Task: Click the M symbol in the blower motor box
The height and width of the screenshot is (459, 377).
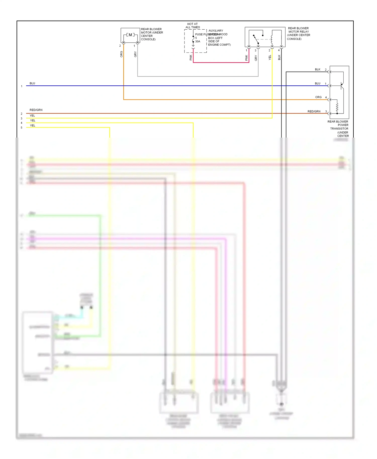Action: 130,35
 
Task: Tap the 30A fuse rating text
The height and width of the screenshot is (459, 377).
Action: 198,41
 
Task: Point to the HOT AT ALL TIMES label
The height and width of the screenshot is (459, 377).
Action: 193,26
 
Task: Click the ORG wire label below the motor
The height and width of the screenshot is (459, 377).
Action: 121,54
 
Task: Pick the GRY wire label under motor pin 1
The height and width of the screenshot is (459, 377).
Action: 135,54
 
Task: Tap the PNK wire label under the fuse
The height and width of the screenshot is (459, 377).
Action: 191,58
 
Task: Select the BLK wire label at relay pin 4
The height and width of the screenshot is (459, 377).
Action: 279,58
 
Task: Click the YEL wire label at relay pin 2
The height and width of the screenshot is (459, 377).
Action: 270,58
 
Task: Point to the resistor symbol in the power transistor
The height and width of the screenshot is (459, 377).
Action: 337,107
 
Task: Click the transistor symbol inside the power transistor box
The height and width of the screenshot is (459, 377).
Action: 342,86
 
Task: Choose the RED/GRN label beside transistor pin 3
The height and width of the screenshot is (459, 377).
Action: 314,111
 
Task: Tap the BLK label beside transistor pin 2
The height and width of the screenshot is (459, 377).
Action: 318,69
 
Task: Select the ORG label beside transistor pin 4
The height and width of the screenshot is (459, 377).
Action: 318,97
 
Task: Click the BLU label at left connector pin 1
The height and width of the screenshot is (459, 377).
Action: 32,83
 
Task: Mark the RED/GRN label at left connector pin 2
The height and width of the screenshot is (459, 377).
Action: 36,110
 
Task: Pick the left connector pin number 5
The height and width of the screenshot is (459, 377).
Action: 22,128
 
